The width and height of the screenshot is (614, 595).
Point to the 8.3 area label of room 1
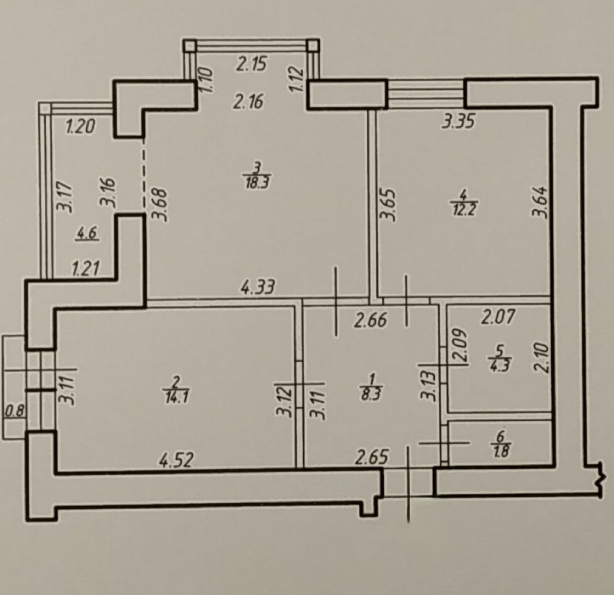click(370, 395)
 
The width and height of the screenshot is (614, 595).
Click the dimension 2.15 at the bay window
click(252, 64)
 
